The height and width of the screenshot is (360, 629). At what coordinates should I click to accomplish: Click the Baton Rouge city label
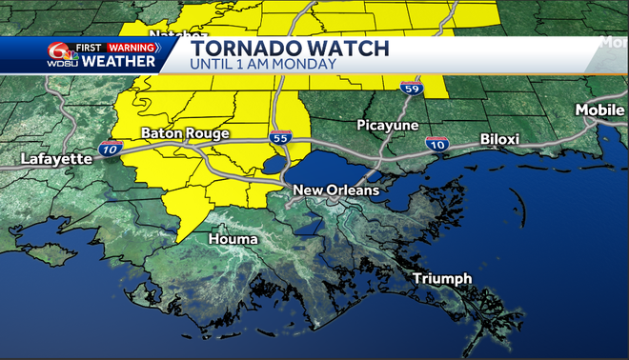point(185,134)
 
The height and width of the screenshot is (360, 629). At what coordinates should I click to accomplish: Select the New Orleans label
point(335,190)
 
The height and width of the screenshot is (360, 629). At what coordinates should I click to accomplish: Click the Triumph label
point(442,278)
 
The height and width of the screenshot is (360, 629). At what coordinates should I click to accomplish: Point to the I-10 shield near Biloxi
point(437,144)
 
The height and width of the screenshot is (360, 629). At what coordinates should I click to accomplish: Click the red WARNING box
point(131,46)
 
